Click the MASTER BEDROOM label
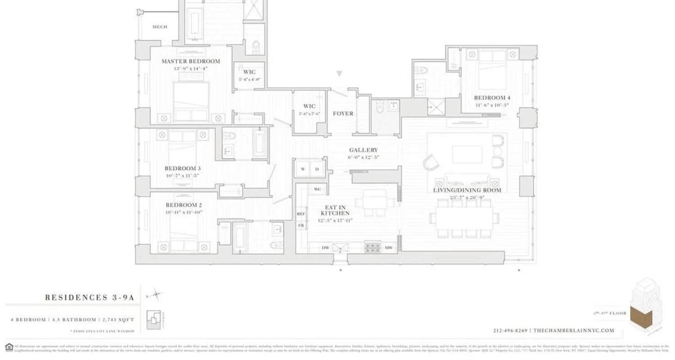point(191,61)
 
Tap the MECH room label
point(160,27)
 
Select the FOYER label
point(343,113)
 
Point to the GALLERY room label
point(363,150)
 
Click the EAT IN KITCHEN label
point(335,210)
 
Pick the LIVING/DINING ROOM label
point(467,190)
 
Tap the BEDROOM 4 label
point(492,98)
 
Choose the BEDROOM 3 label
point(182,168)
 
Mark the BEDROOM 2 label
point(183,205)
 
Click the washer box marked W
point(303,169)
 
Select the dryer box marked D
point(317,169)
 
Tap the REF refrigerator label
point(301,214)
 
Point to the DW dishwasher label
point(325,247)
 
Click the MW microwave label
point(388,247)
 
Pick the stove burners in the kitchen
point(372,247)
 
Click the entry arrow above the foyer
point(340,73)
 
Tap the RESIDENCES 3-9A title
point(89,297)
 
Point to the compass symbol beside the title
point(157,295)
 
